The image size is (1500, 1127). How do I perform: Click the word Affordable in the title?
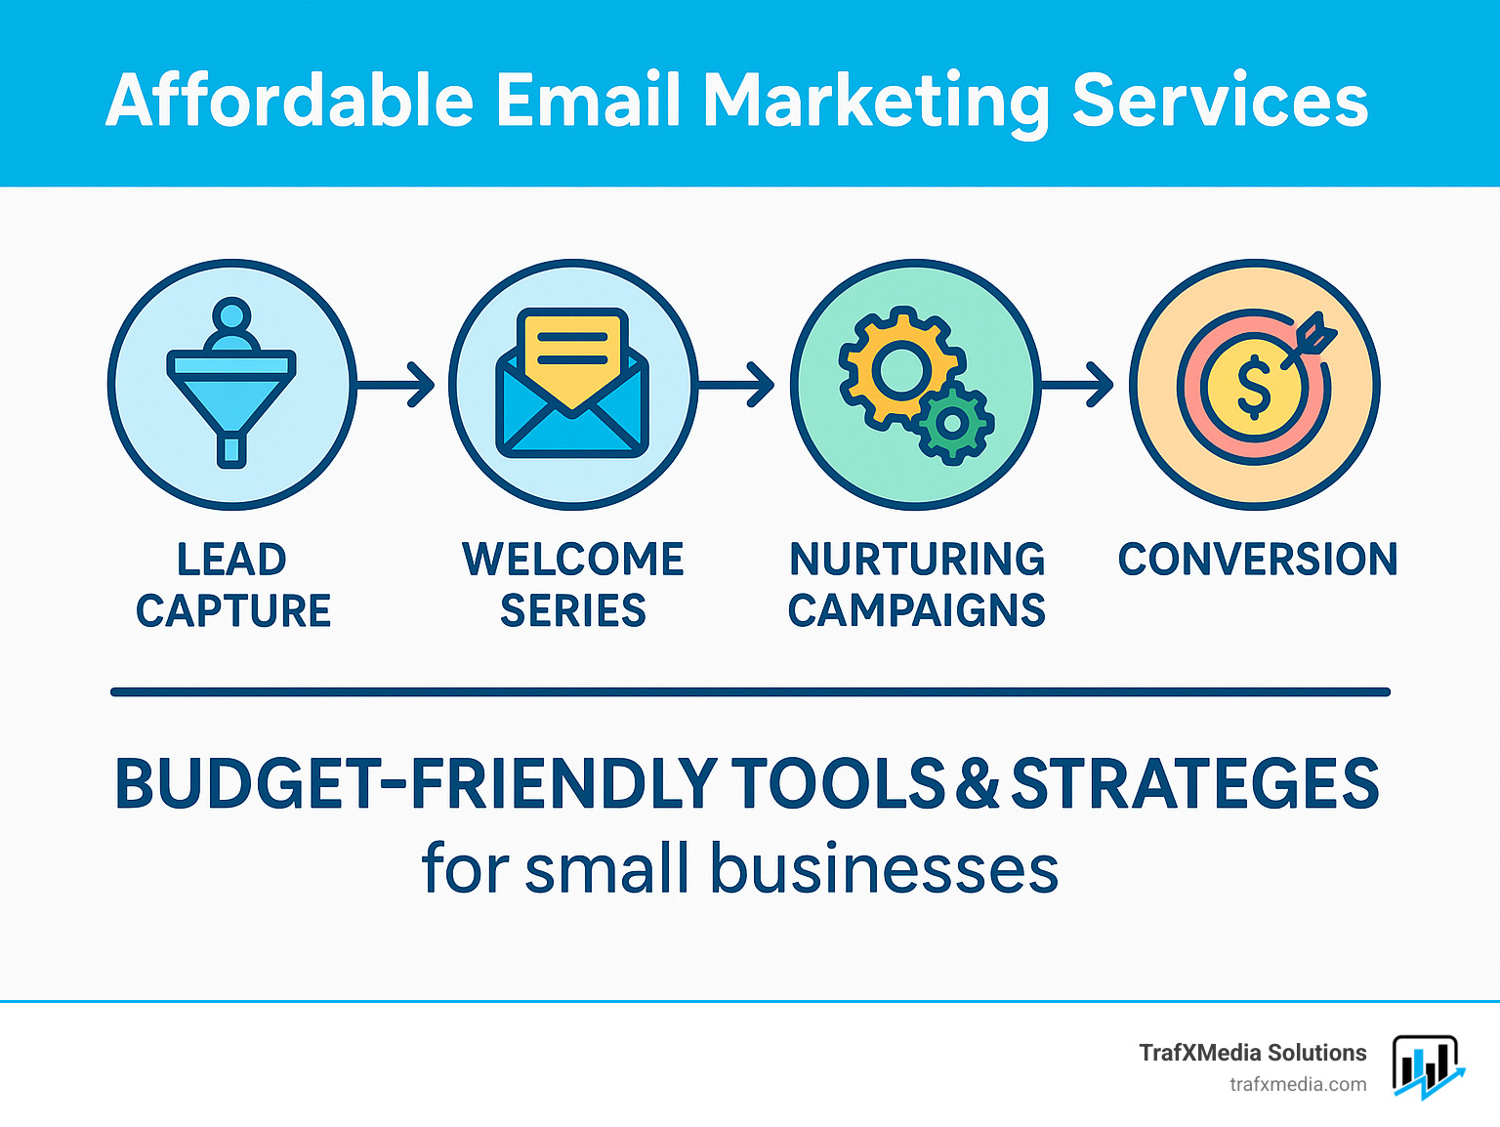click(290, 100)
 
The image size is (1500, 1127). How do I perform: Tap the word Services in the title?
click(1220, 100)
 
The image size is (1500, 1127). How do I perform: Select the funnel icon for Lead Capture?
click(231, 396)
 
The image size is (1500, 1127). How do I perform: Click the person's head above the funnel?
click(231, 317)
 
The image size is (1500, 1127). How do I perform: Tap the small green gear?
click(952, 422)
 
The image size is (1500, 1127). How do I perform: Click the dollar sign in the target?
click(1254, 386)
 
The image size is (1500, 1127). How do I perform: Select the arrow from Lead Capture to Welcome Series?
click(396, 384)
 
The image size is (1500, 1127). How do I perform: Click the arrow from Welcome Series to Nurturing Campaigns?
click(737, 384)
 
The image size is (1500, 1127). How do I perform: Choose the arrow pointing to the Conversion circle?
click(1078, 384)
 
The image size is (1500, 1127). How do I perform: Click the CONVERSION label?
click(1258, 560)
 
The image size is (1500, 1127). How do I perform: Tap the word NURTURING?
click(917, 560)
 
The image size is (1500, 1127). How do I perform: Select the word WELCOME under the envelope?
click(573, 560)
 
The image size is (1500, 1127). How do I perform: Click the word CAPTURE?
click(233, 611)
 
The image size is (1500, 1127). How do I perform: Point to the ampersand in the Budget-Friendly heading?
click(978, 784)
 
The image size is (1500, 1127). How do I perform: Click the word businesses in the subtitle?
click(884, 869)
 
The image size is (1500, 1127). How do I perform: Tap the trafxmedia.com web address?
click(1298, 1084)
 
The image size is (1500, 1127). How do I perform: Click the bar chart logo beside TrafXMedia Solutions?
click(1427, 1066)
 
